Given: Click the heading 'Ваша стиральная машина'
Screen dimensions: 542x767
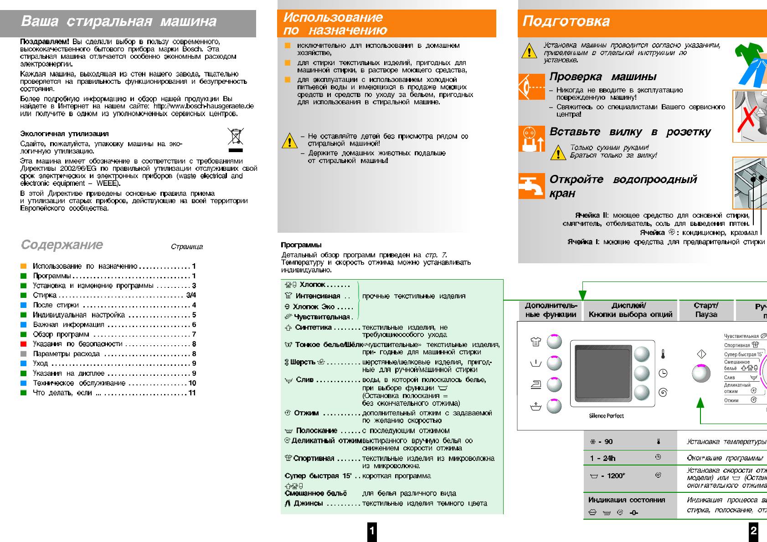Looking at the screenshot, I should (x=118, y=21).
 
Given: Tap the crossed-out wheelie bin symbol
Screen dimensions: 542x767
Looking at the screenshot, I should (x=235, y=138).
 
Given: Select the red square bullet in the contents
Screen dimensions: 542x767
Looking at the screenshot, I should (x=24, y=344).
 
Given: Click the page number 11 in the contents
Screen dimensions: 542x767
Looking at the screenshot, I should (x=192, y=393).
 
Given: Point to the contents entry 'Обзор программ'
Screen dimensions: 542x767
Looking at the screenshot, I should (x=61, y=334).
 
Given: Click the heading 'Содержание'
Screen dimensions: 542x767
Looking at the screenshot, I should (x=62, y=245).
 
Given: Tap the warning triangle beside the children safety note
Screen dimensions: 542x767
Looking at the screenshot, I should (x=289, y=141).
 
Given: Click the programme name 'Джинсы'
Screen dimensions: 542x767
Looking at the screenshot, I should (x=308, y=503).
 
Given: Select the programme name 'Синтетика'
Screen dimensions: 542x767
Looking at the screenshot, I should (x=313, y=327).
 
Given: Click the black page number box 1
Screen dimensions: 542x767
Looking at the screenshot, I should (x=372, y=531).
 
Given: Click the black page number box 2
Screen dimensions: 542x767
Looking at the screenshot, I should (x=753, y=531).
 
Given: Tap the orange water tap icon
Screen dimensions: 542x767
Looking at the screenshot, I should (x=531, y=186).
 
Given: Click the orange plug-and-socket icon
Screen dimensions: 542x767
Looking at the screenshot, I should (x=531, y=138).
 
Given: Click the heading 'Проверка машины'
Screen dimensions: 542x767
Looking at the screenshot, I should (x=603, y=77).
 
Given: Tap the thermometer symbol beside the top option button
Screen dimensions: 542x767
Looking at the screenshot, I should (x=663, y=354).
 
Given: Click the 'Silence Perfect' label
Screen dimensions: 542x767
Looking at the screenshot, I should (x=606, y=416).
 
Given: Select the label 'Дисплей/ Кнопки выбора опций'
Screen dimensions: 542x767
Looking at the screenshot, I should (x=630, y=310).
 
